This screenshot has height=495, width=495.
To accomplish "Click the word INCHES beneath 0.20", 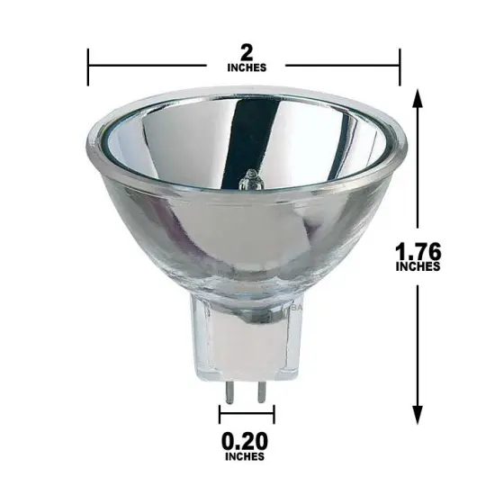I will (x=247, y=456).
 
